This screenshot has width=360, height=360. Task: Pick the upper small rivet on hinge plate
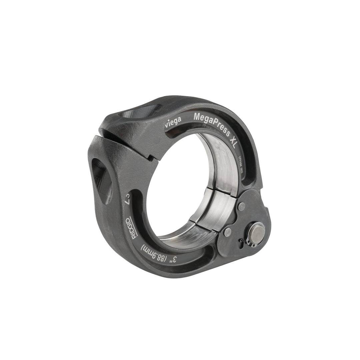point(242,206)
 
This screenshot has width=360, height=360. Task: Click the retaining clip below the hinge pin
point(252,245)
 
